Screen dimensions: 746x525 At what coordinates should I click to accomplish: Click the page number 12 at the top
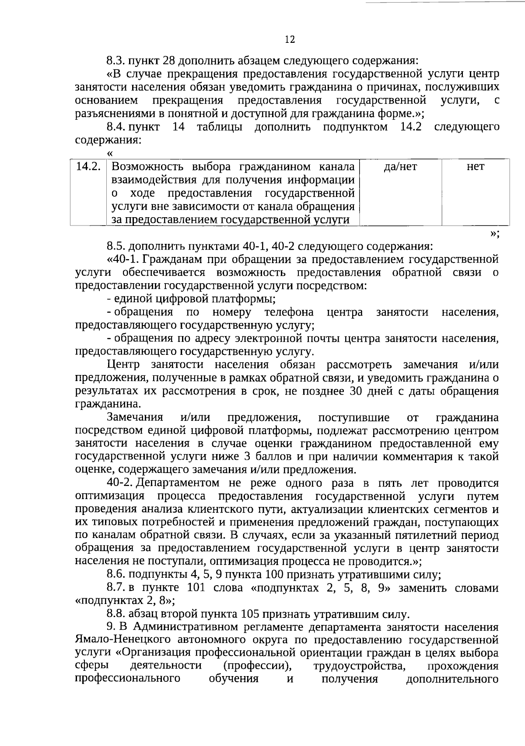pos(290,40)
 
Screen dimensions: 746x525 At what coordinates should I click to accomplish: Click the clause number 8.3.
pos(116,60)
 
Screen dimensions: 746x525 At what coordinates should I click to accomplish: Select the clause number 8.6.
pos(116,575)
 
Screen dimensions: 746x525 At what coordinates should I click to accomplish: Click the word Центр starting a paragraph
pos(123,364)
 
